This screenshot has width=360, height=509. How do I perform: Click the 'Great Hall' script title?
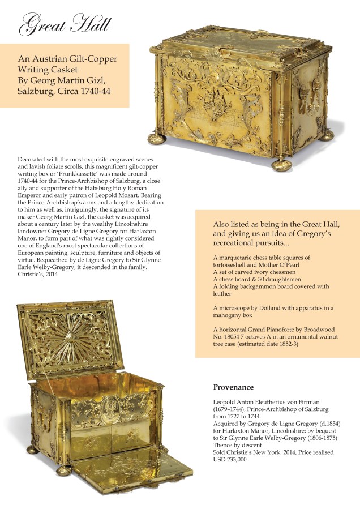65,25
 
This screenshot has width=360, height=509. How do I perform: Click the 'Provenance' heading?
233,387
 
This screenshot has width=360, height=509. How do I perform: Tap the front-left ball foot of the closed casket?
156,138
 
